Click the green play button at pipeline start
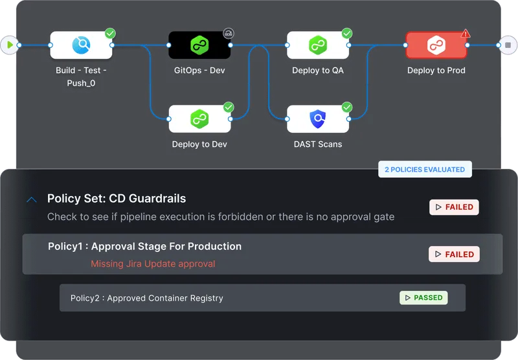pos(9,45)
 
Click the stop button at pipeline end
pos(508,45)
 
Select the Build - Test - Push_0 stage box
pos(81,45)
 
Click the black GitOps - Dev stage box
pos(199,45)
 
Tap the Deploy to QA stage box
pos(318,45)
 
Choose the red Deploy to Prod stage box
pos(436,45)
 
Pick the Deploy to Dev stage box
pos(199,119)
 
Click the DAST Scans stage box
pos(318,119)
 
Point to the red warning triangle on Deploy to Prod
pos(466,34)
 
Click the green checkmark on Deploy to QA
pos(347,34)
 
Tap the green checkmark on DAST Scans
pos(347,107)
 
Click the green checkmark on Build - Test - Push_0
pos(110,34)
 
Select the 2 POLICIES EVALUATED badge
pos(425,170)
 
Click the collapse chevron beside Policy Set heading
pos(32,199)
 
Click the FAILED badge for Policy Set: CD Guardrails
pos(454,207)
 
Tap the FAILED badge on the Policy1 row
pos(454,254)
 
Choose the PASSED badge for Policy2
pos(423,298)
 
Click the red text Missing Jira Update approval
pos(153,264)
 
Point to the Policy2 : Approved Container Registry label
pos(147,298)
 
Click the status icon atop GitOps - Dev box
pos(229,34)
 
